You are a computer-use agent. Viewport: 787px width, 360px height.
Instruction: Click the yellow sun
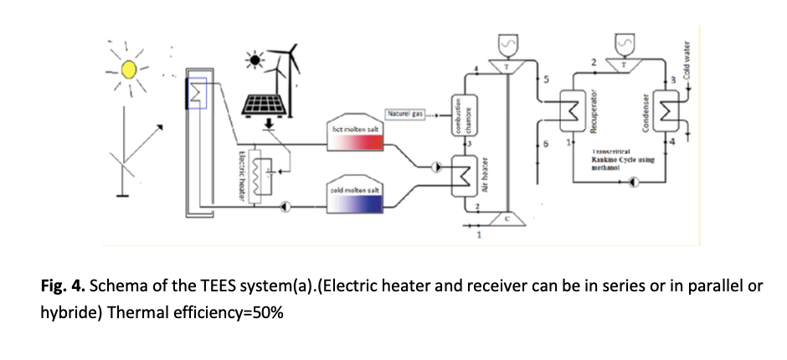(x=128, y=69)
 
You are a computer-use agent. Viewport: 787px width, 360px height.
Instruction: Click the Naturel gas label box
(x=405, y=113)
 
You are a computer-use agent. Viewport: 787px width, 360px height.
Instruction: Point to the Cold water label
(x=686, y=61)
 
